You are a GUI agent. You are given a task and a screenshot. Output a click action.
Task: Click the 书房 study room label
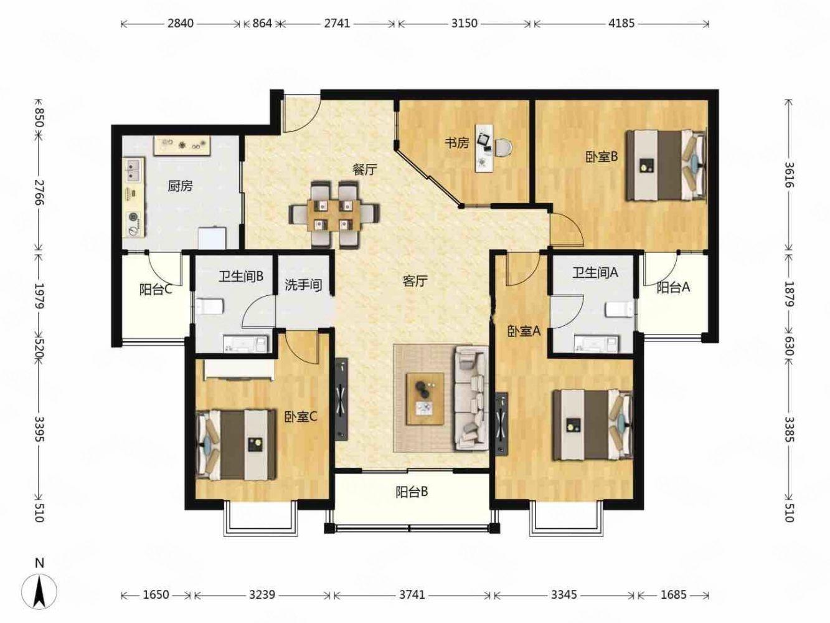coord(457,143)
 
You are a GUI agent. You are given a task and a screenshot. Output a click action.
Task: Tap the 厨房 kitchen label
coord(180,186)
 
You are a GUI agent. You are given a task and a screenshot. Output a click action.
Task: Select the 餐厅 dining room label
coord(365,170)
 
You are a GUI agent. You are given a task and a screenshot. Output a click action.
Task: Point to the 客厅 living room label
coord(415,281)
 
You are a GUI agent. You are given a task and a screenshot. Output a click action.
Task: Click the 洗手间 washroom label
coord(303,285)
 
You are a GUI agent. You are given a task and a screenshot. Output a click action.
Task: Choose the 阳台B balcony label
coord(412,492)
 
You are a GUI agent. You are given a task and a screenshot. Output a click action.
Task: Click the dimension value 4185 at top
coord(621,24)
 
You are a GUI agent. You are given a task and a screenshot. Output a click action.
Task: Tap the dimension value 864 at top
coord(262,24)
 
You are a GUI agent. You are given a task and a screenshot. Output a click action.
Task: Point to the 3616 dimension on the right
coord(788,175)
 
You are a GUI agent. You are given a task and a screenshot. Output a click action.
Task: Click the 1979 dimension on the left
coord(39,295)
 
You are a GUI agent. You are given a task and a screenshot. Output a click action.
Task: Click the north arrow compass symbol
coord(39,591)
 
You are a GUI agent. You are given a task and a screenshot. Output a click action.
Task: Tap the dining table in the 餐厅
coord(334,214)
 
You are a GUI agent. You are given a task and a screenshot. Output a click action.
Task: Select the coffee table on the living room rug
coord(425,398)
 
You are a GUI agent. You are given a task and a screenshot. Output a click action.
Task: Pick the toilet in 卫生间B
coord(209,307)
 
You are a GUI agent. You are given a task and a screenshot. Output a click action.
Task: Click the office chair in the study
coord(503,148)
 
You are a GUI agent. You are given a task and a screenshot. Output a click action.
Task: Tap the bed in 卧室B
coord(666,165)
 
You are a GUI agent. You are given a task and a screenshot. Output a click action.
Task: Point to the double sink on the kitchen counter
coord(133,169)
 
